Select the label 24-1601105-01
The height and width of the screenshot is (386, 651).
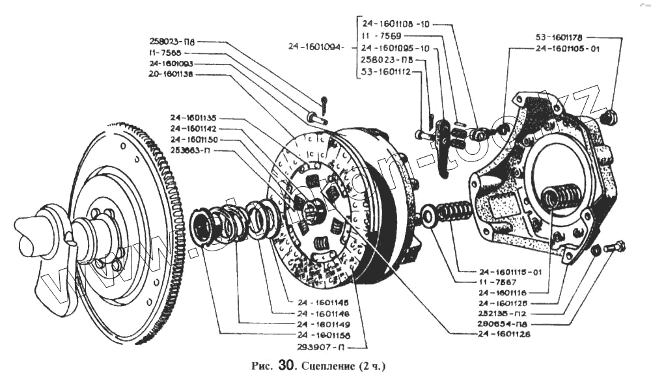pyautogui.click(x=566, y=48)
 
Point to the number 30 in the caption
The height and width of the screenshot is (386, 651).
pyautogui.click(x=286, y=365)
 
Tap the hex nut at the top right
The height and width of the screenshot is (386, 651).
pyautogui.click(x=610, y=118)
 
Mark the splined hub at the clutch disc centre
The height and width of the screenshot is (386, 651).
pyautogui.click(x=312, y=210)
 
